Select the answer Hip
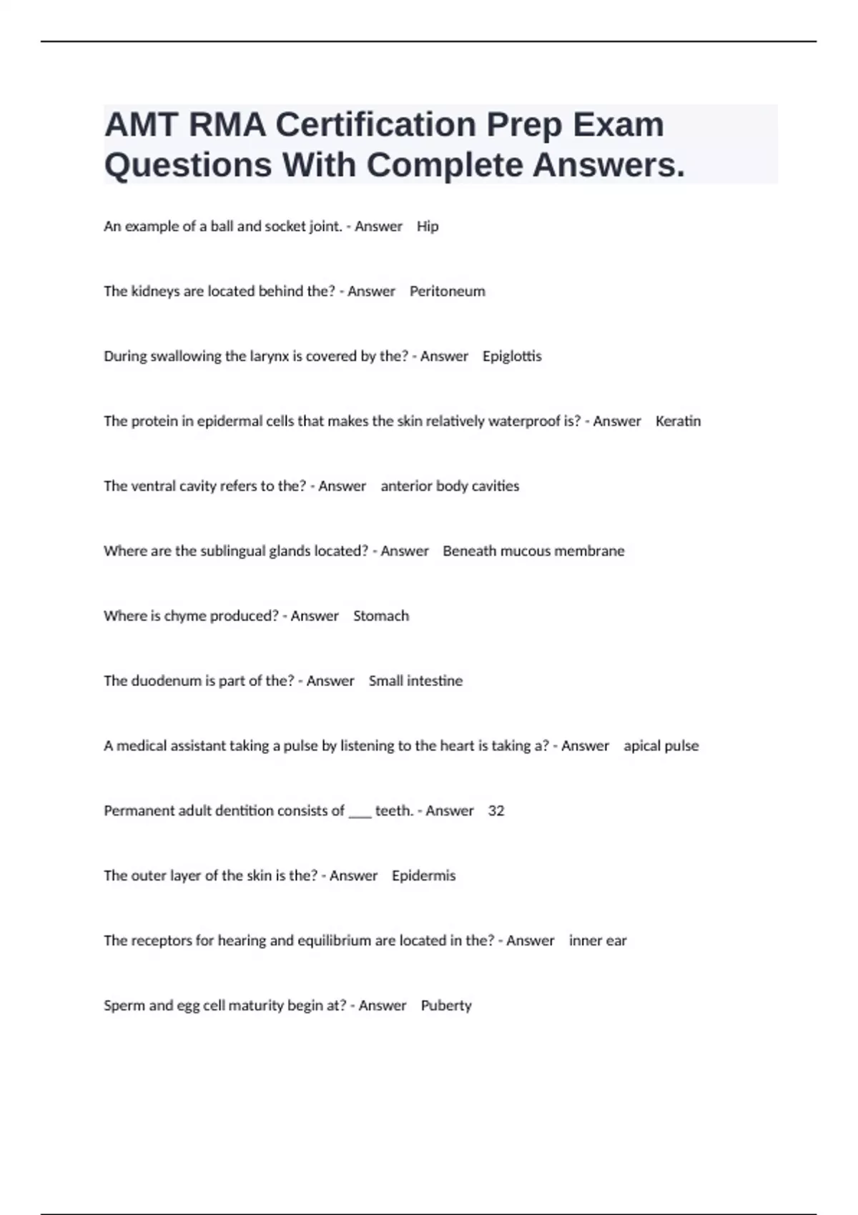pyautogui.click(x=428, y=227)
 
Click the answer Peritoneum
pyautogui.click(x=447, y=292)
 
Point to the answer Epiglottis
pyautogui.click(x=512, y=357)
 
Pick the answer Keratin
pyautogui.click(x=678, y=421)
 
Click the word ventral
pyautogui.click(x=155, y=486)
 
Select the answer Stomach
pyautogui.click(x=381, y=616)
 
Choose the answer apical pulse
pyautogui.click(x=661, y=746)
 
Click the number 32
pyautogui.click(x=496, y=811)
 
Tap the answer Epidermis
pyautogui.click(x=423, y=876)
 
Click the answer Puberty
pyautogui.click(x=446, y=1006)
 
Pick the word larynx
pyautogui.click(x=270, y=357)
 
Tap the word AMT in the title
pyautogui.click(x=141, y=125)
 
